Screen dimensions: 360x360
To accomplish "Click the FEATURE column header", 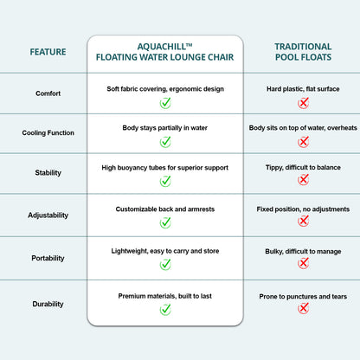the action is [x=48, y=52].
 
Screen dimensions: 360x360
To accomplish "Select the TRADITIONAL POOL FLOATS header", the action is [x=303, y=52].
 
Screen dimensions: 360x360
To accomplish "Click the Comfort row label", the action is [x=48, y=93].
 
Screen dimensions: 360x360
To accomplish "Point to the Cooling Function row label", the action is [x=48, y=133].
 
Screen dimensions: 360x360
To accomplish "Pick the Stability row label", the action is [x=48, y=173].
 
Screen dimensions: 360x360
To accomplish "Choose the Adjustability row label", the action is [x=48, y=215].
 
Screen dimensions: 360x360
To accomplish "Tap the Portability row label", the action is [x=48, y=258].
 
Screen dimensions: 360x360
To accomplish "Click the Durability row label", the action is [x=48, y=304].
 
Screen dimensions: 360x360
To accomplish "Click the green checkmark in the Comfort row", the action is [x=165, y=103].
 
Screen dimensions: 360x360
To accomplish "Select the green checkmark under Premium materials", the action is [x=165, y=310].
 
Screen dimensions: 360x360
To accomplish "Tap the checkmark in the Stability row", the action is [x=165, y=181].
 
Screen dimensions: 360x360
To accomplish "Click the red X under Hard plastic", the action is [x=303, y=103].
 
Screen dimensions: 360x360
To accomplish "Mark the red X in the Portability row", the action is [x=303, y=263].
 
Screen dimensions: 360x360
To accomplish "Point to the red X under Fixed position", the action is [x=303, y=222].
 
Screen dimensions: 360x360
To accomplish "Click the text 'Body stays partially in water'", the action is [x=165, y=128].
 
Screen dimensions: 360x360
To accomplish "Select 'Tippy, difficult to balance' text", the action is [x=303, y=168].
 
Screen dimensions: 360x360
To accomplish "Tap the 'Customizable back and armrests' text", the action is [x=165, y=209].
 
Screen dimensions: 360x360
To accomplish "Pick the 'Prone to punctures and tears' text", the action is [x=303, y=297].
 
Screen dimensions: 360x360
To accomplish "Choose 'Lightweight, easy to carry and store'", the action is [x=165, y=251].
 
